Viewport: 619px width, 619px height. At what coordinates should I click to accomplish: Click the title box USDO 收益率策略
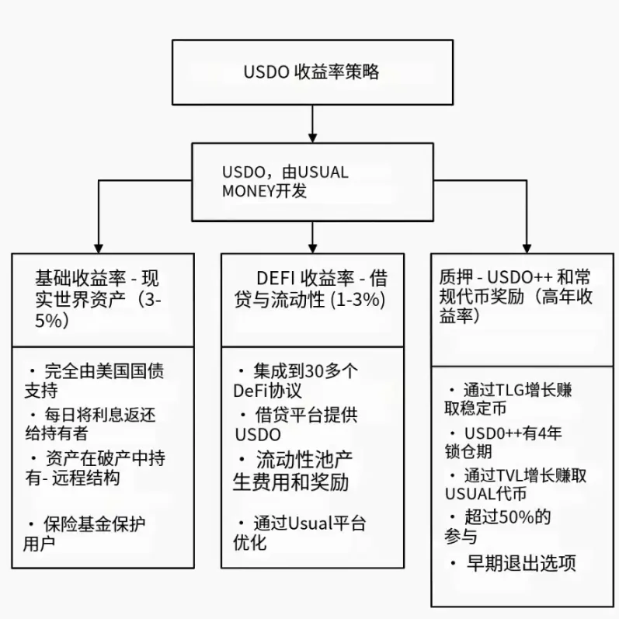(311, 72)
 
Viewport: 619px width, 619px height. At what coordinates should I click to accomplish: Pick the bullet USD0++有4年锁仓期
(513, 442)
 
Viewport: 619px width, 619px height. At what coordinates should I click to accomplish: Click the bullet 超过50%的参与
(505, 526)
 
